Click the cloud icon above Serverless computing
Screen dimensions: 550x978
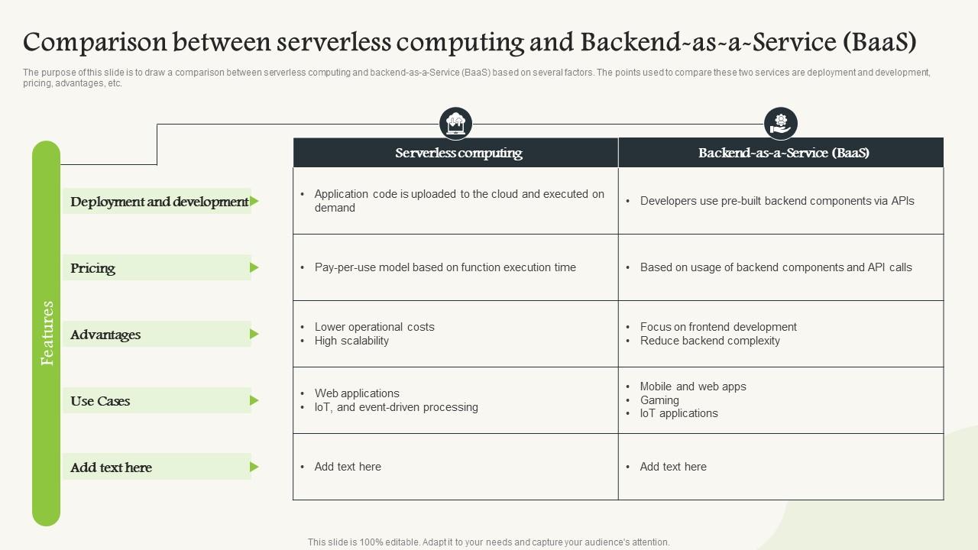(455, 123)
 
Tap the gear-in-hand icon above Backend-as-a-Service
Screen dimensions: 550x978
(780, 123)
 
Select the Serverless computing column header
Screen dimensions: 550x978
(458, 153)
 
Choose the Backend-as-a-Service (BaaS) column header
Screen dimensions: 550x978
(783, 153)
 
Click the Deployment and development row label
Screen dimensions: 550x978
(159, 202)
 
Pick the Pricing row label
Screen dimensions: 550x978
(93, 268)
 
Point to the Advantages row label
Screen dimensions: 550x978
(105, 335)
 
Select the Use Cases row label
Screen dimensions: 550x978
(100, 401)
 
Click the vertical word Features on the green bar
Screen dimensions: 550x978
(47, 333)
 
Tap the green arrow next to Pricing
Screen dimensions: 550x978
(254, 267)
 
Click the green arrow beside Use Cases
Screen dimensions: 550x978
(254, 400)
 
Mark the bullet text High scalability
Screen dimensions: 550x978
(351, 341)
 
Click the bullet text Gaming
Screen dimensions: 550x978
(659, 400)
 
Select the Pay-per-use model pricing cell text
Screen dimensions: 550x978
(445, 267)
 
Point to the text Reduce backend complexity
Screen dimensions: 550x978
(710, 341)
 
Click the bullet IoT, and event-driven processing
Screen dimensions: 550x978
(396, 407)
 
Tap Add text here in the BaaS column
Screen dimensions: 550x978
(673, 467)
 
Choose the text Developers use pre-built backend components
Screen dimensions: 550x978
(776, 201)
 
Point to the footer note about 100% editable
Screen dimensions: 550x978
(489, 542)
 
